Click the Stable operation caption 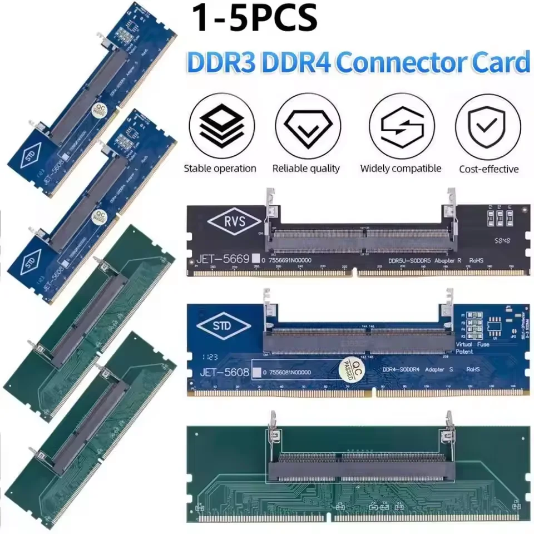click(220, 169)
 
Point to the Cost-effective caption click(488, 169)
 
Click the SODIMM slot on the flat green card click(362, 465)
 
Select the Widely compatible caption click(400, 169)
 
